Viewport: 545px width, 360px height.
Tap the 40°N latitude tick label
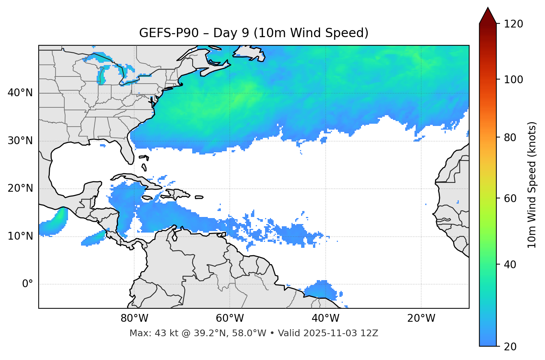click(x=20, y=93)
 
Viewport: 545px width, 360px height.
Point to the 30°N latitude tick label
click(x=20, y=141)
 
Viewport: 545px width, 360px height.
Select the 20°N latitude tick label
click(x=20, y=188)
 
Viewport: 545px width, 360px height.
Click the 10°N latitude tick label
click(x=20, y=236)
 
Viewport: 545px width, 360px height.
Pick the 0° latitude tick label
click(x=27, y=284)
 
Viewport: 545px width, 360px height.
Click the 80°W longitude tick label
click(x=134, y=318)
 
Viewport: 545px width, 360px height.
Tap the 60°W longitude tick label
click(x=230, y=318)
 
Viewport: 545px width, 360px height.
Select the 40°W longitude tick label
click(x=325, y=318)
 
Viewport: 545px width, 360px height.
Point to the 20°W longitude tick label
click(x=421, y=318)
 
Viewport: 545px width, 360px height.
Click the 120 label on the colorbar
click(x=513, y=24)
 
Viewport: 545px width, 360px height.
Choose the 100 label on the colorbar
click(x=513, y=80)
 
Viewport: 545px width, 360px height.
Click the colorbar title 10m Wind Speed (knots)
click(x=532, y=185)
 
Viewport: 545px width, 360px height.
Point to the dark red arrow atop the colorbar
click(x=488, y=16)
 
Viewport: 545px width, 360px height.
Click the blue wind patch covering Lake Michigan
click(x=101, y=76)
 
